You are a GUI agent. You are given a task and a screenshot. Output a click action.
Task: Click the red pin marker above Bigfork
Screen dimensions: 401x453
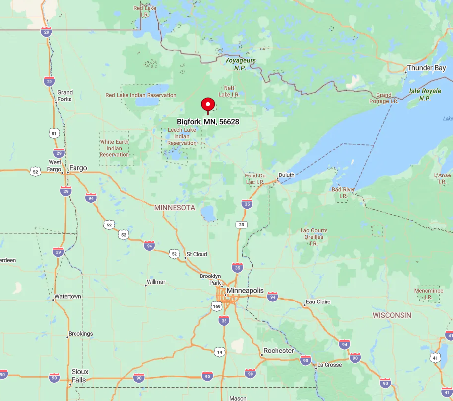pos(208,104)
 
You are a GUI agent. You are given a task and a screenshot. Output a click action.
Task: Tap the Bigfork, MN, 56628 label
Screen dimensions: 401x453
pos(208,121)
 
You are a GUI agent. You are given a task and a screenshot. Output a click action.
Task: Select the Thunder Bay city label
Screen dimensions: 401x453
pos(427,68)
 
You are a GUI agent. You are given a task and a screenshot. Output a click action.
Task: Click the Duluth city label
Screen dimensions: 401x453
pos(286,175)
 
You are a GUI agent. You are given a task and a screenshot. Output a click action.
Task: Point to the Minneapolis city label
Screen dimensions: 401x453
pos(245,290)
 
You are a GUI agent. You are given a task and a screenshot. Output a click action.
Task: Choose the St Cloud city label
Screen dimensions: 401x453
pos(198,254)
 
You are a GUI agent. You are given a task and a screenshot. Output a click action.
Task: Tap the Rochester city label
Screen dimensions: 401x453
pos(278,351)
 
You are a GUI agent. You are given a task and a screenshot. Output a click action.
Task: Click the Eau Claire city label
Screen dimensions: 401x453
pos(318,301)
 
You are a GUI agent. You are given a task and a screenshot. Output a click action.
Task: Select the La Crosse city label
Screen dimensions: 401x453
pos(329,365)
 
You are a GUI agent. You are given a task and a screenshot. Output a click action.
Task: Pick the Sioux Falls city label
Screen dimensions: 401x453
pos(80,376)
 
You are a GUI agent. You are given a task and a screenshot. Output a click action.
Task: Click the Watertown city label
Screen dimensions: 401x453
pos(68,296)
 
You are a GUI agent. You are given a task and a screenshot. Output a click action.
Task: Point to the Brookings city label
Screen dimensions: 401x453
pos(80,334)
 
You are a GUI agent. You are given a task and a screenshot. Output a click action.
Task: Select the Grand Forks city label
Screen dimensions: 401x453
pos(65,96)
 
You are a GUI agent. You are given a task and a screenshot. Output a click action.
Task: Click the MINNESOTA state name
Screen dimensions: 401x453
pos(175,208)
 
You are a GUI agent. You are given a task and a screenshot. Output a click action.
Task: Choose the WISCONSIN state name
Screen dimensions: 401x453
pos(392,315)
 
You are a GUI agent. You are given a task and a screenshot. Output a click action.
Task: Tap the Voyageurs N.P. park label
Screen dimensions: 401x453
pos(240,64)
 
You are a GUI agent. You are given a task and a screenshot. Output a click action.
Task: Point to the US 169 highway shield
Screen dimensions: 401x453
pos(217,306)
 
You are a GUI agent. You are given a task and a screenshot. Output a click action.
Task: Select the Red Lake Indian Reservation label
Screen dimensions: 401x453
pos(141,95)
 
